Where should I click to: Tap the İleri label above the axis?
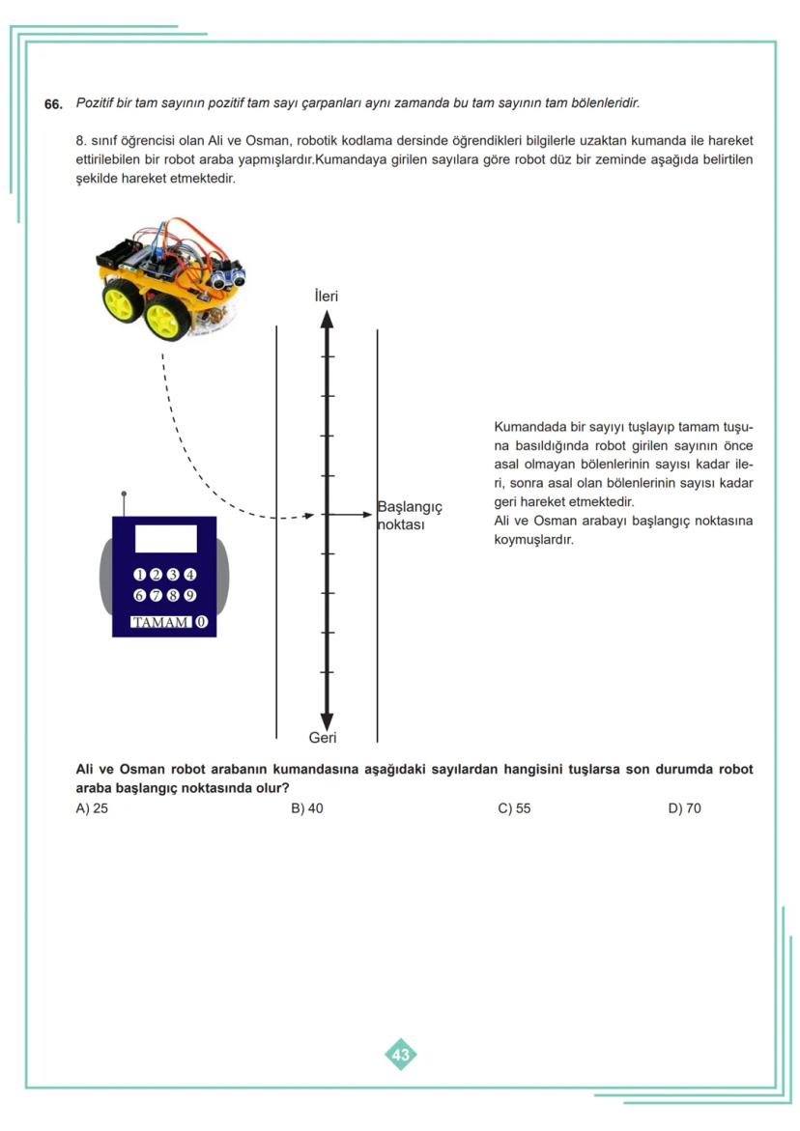(x=327, y=296)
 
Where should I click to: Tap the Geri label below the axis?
(x=323, y=738)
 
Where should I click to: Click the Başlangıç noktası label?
(x=409, y=516)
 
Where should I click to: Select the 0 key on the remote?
(x=201, y=622)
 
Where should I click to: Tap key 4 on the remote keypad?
(x=190, y=575)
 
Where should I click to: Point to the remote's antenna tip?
(x=124, y=495)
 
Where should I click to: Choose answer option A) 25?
(x=92, y=808)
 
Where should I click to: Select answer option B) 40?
(x=307, y=808)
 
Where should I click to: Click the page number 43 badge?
(x=401, y=1055)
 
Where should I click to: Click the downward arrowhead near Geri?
(x=327, y=721)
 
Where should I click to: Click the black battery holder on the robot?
(x=119, y=254)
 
